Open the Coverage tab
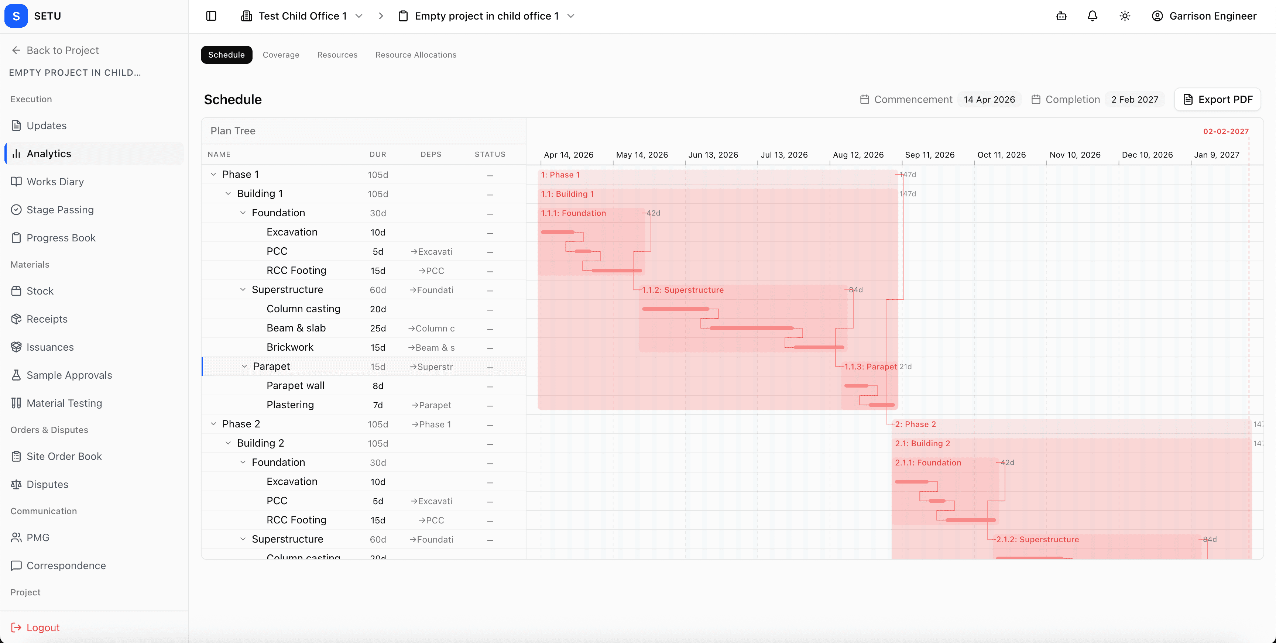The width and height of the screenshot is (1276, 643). [281, 55]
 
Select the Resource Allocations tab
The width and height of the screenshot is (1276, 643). [416, 55]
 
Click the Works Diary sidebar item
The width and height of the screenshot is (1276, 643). [55, 182]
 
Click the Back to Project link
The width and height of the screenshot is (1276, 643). [62, 51]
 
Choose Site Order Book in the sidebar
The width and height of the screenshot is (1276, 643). [64, 456]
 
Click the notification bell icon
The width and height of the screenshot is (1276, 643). [1092, 16]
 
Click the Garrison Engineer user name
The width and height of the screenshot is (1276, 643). [1212, 16]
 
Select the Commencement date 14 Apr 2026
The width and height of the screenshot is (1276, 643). [989, 100]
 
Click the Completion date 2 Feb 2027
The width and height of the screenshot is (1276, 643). [1134, 100]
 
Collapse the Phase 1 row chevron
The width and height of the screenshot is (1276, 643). [213, 174]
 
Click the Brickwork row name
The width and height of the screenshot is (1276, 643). [290, 347]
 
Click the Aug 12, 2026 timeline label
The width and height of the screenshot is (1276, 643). [858, 155]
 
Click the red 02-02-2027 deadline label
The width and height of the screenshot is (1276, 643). [1225, 131]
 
